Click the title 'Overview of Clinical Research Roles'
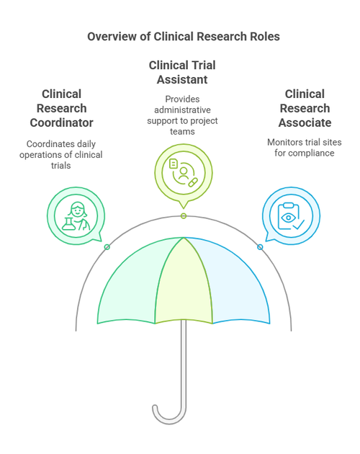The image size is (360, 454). coord(179,37)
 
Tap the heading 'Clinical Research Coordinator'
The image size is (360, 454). coord(61,108)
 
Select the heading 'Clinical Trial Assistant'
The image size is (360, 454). coord(182,72)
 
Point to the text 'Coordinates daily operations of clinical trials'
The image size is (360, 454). coord(61,155)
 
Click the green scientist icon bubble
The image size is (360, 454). coord(75,215)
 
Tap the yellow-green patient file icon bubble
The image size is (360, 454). coord(183,173)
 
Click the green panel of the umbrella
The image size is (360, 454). coord(130,288)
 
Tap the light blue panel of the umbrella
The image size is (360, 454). coord(238,288)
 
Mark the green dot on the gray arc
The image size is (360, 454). coord(107,247)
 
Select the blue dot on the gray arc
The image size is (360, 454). coord(260,247)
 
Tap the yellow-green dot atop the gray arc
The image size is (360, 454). coord(184,216)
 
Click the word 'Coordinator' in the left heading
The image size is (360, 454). coord(61,123)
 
